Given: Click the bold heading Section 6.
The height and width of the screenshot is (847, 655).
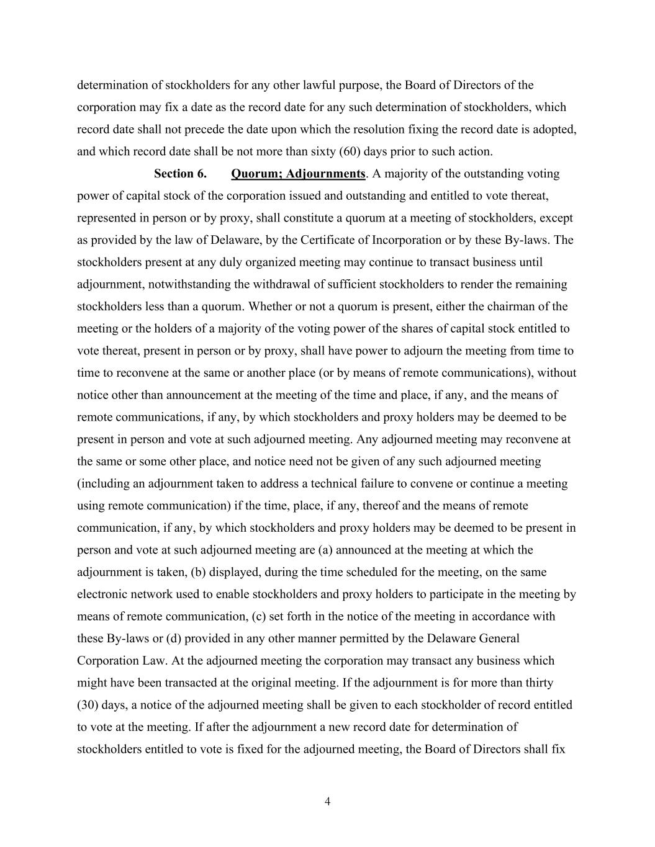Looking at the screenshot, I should pyautogui.click(x=180, y=174).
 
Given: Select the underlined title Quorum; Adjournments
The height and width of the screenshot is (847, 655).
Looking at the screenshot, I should pyautogui.click(x=297, y=174).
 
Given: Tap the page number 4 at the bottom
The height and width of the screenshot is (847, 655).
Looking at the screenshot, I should pyautogui.click(x=327, y=802).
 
